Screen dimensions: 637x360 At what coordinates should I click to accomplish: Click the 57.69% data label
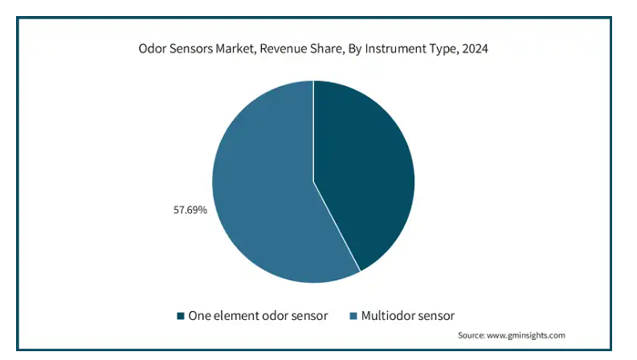click(190, 210)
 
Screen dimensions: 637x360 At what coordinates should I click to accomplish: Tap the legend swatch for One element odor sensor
click(181, 316)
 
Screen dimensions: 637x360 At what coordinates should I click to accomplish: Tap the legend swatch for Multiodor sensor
click(353, 316)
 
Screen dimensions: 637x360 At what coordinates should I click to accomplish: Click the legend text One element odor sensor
click(258, 316)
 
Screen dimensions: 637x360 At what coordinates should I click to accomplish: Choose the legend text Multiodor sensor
click(408, 316)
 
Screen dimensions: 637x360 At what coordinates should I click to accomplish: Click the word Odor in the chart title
click(153, 49)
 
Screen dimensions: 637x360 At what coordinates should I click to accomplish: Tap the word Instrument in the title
click(396, 49)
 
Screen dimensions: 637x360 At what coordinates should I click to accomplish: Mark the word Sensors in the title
click(190, 49)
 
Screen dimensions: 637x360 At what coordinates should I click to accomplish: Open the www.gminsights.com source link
click(525, 336)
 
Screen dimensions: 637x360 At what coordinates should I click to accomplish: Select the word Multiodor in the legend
click(386, 316)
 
